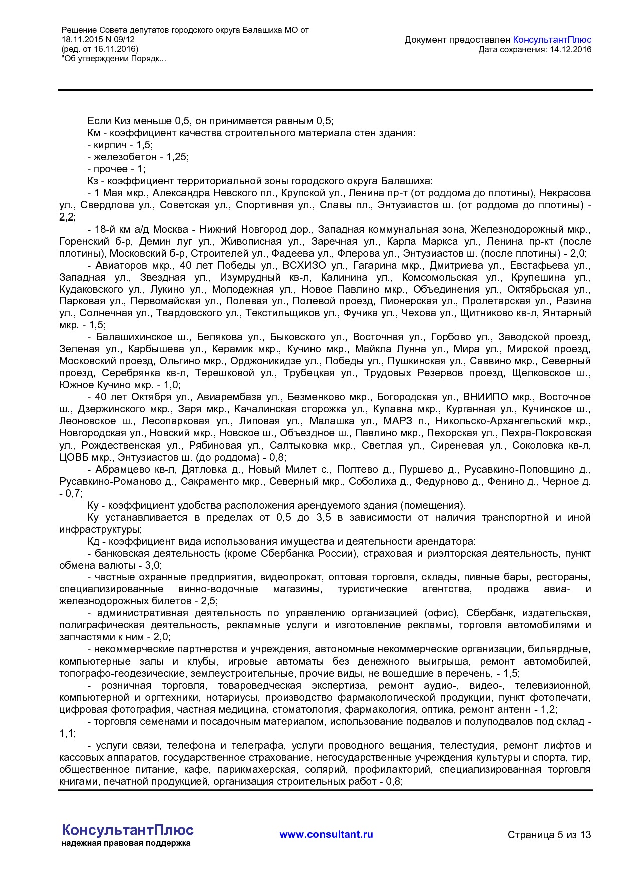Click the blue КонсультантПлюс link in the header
coord(552,40)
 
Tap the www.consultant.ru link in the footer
coord(326,834)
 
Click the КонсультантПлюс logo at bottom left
coord(127,830)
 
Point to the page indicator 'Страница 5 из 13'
coord(549,835)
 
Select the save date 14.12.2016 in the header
coord(570,49)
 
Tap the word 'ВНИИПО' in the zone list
coord(484,397)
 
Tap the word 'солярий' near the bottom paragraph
coord(328,769)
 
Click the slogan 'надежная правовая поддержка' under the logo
coord(126,843)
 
